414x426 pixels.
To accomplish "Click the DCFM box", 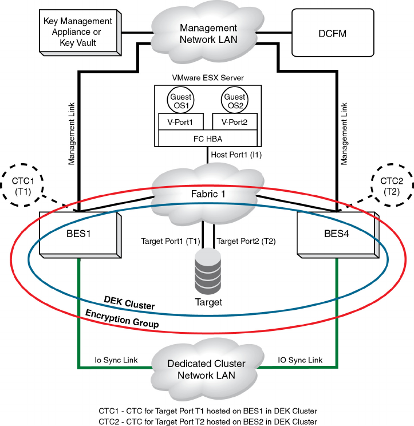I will pyautogui.click(x=333, y=33).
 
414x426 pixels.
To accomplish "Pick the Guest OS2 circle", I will pyautogui.click(x=235, y=101).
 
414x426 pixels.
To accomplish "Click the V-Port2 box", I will pyautogui.click(x=234, y=121).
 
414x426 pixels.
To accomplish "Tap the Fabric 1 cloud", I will pyautogui.click(x=207, y=194).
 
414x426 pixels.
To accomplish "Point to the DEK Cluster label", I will pyautogui.click(x=129, y=303).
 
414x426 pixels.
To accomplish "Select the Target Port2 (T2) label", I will pyautogui.click(x=246, y=241).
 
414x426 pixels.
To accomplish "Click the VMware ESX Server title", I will pyautogui.click(x=207, y=77).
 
